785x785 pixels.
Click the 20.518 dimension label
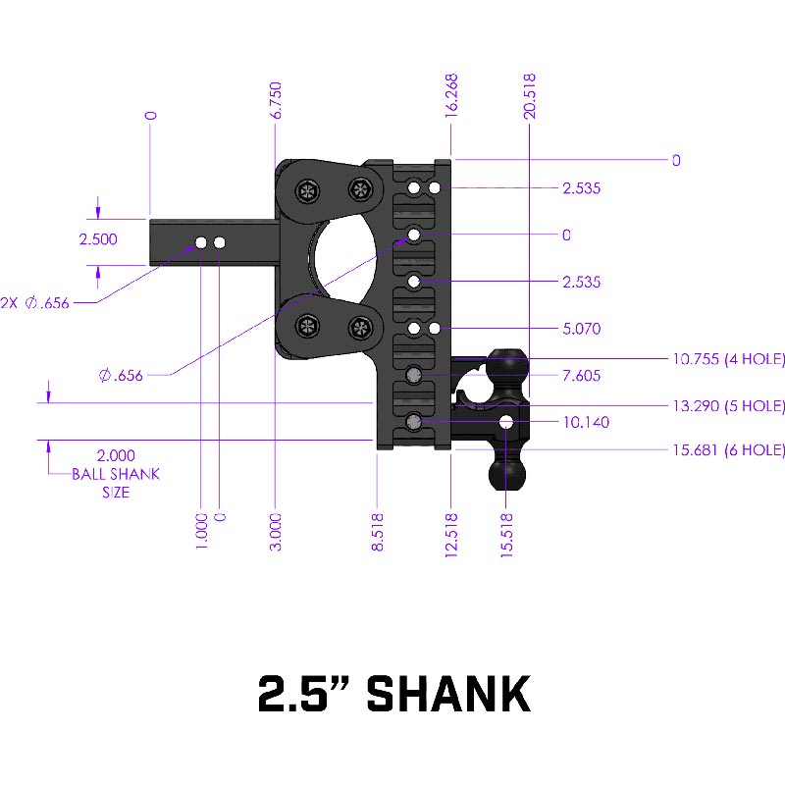(x=529, y=96)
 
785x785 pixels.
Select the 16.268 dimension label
(x=451, y=95)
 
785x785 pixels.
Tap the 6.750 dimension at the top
(x=276, y=100)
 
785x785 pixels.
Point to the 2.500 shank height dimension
(x=98, y=239)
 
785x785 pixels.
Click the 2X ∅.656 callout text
(x=34, y=303)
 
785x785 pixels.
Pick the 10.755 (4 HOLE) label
(x=728, y=359)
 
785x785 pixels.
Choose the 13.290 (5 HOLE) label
(x=728, y=405)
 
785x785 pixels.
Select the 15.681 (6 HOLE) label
(x=728, y=450)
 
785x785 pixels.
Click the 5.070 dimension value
(x=581, y=329)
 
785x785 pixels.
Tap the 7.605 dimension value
(x=581, y=376)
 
